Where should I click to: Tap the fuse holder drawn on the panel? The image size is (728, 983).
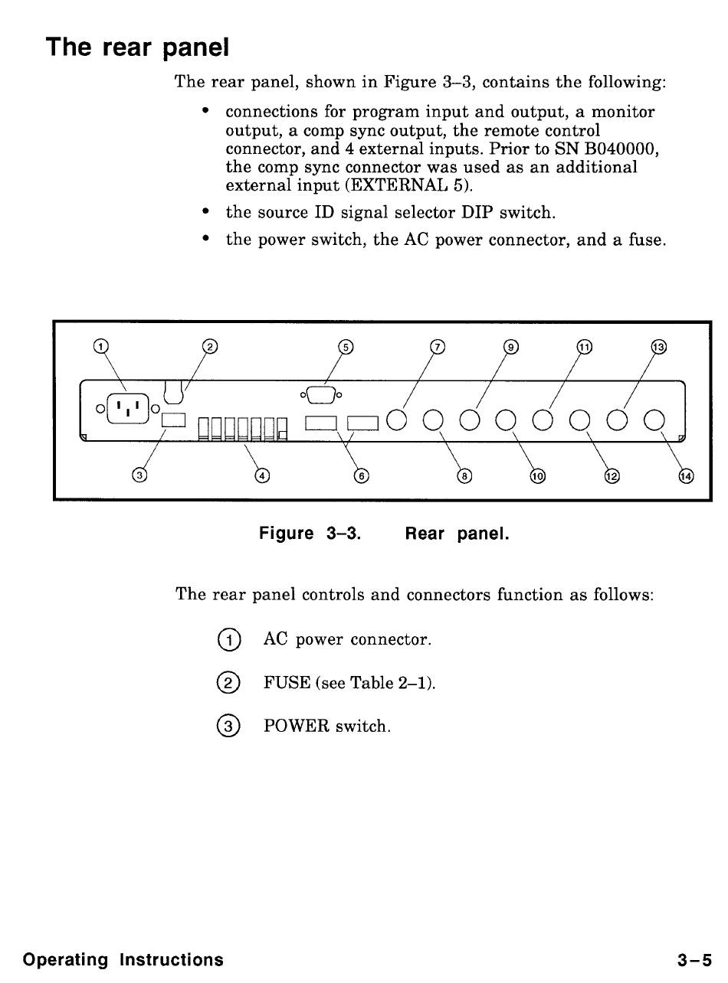pyautogui.click(x=175, y=391)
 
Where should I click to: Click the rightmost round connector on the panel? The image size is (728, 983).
pyautogui.click(x=654, y=420)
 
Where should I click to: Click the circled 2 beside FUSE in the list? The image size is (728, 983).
pyautogui.click(x=228, y=682)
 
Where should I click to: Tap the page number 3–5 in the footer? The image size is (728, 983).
pyautogui.click(x=694, y=959)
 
